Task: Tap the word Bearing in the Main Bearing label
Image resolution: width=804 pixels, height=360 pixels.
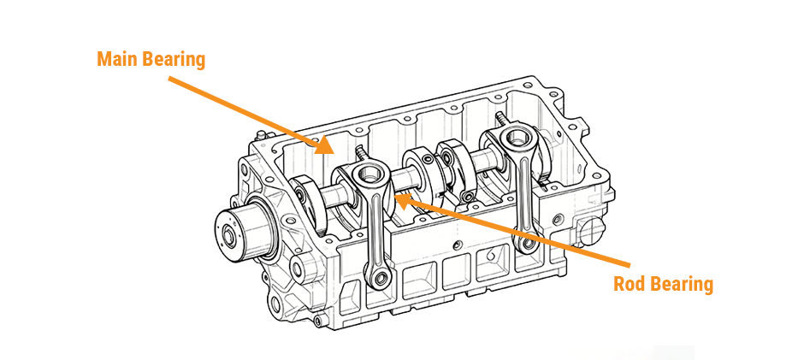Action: pyautogui.click(x=174, y=61)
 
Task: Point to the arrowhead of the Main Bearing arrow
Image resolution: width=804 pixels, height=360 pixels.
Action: pyautogui.click(x=326, y=149)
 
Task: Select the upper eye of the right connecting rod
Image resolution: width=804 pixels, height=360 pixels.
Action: pyautogui.click(x=517, y=139)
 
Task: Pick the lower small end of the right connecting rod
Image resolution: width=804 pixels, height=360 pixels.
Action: pyautogui.click(x=530, y=245)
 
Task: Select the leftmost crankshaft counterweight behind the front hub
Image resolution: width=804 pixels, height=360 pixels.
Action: pyautogui.click(x=301, y=202)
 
